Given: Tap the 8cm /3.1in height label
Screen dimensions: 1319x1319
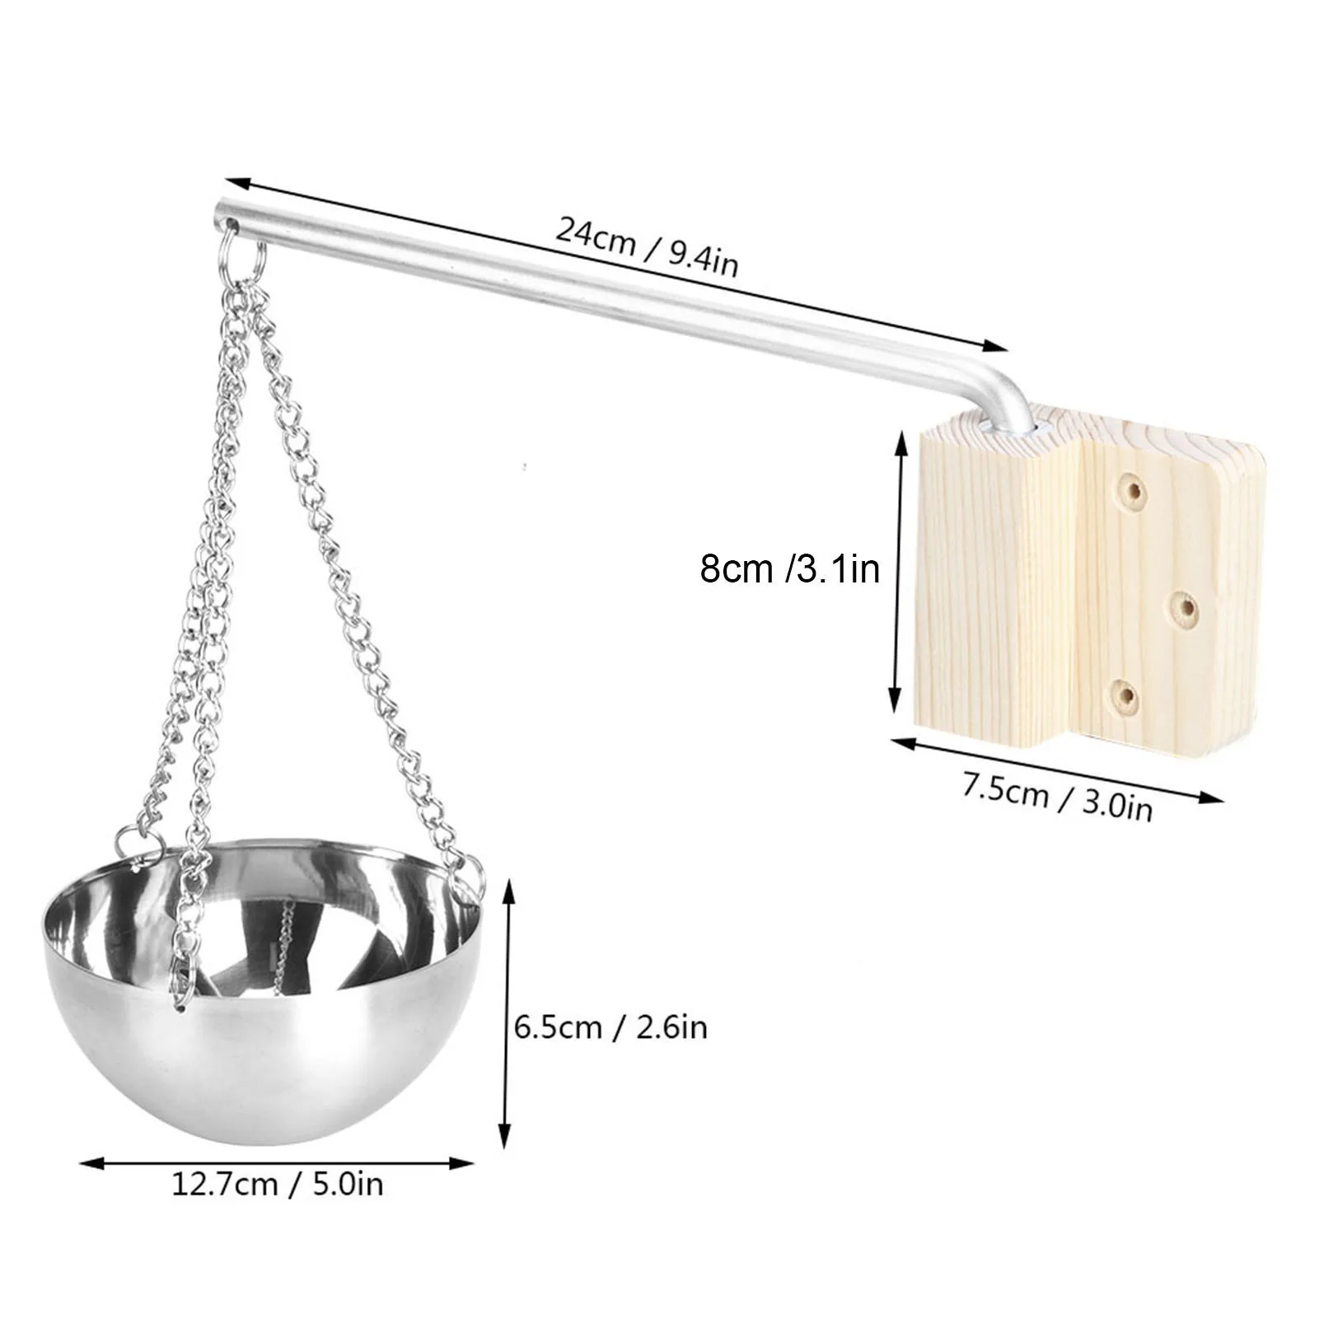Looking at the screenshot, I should pos(789,568).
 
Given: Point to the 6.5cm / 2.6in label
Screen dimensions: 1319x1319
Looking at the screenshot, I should pos(610,1027).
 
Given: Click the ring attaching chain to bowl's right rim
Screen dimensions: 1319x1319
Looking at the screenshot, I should pos(472,875).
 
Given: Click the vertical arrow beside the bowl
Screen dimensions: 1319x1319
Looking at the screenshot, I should pos(508,1013).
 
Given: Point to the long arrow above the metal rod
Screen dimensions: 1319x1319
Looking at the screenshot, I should pos(616,265).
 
